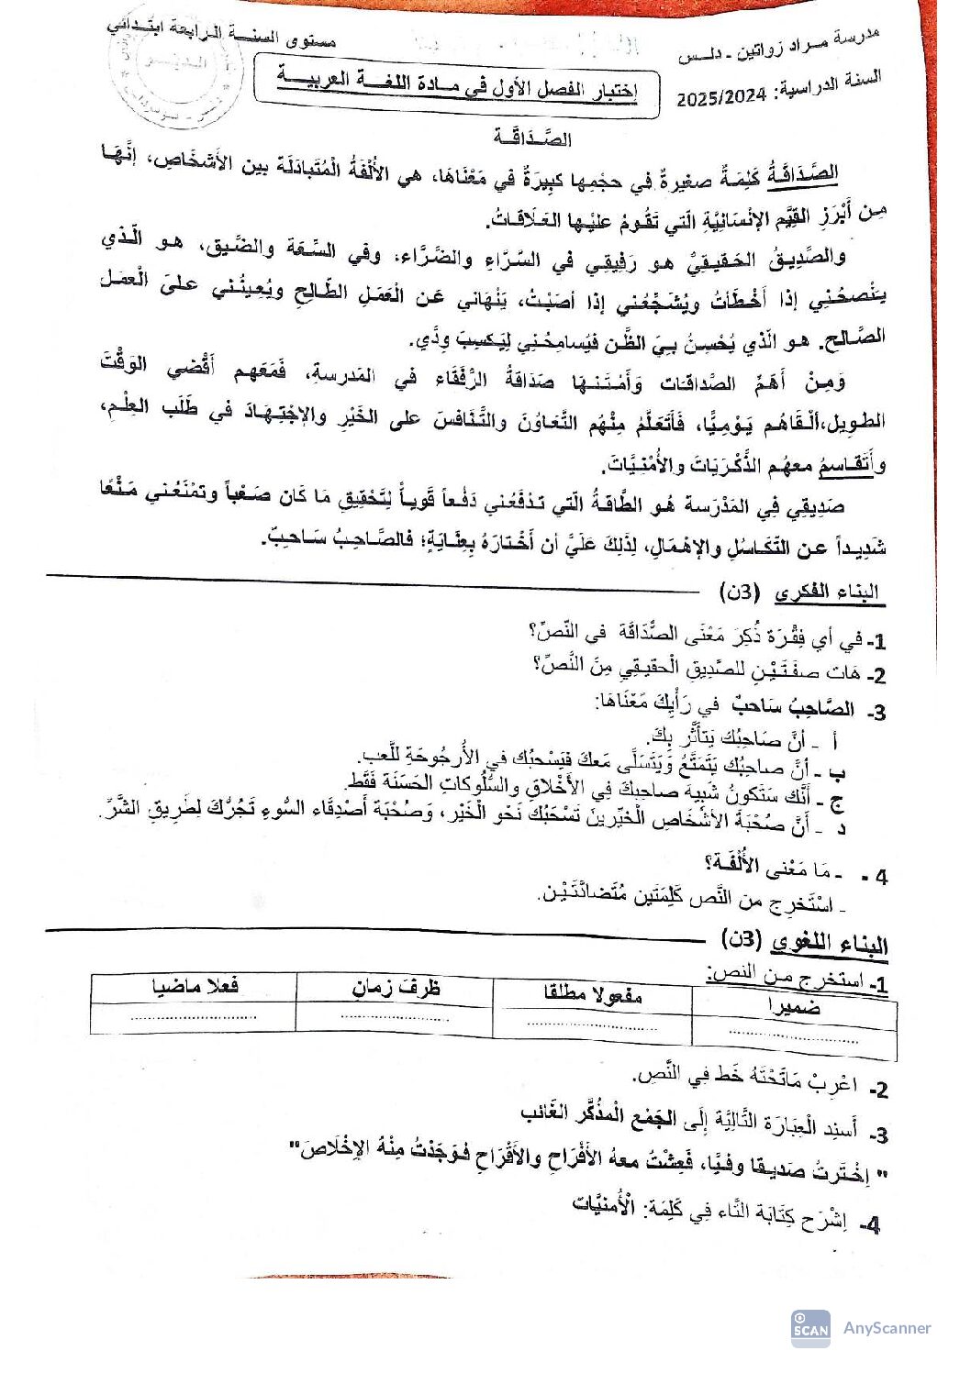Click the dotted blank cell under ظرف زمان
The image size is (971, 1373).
tap(395, 1017)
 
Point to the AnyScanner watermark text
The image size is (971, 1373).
tap(887, 1327)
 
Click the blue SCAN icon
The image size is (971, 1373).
tap(810, 1328)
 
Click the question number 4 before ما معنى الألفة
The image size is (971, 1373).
tap(879, 876)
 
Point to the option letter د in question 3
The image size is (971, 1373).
tap(841, 829)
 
